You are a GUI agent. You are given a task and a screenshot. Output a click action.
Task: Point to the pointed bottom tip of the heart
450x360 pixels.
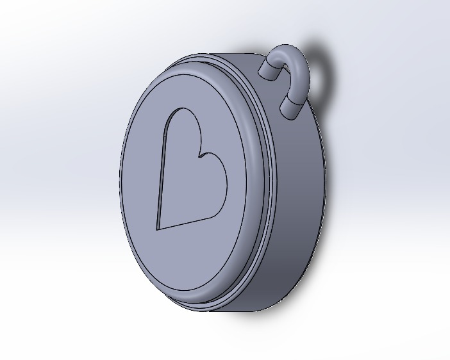pos(158,227)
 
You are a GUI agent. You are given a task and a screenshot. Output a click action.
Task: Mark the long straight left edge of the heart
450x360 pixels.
pos(161,173)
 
